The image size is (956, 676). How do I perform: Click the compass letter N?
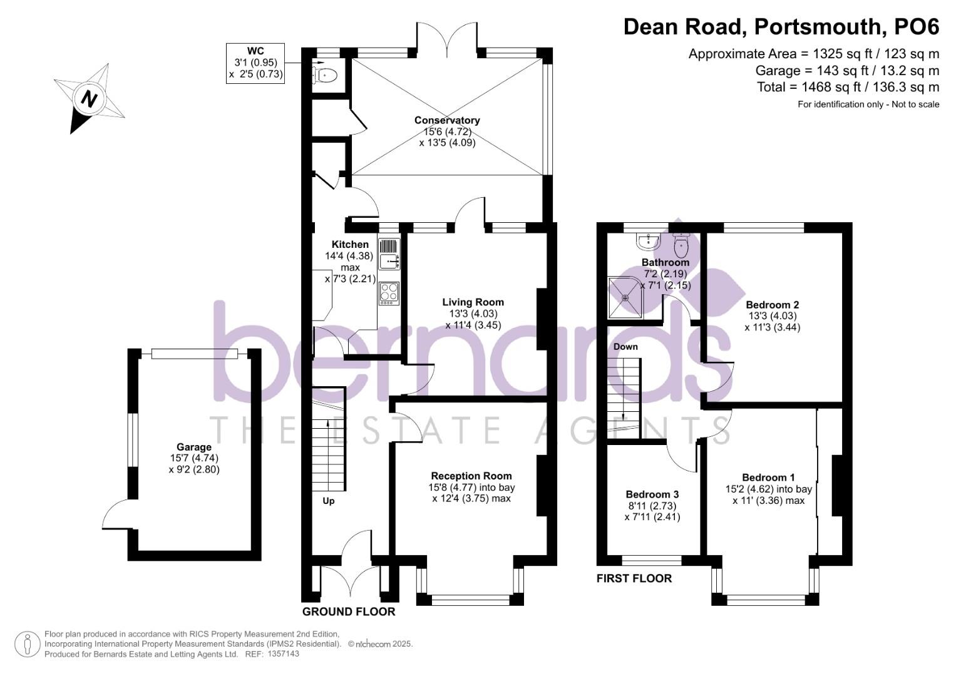90,99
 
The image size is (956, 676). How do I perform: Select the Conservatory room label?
447,120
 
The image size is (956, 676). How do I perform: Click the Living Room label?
473,302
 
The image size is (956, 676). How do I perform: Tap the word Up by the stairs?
329,501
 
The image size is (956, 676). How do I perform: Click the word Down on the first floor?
625,347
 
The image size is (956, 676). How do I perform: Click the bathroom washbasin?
646,240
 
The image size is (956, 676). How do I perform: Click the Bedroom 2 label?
772,305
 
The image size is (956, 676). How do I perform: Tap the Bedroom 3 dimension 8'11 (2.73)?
652,506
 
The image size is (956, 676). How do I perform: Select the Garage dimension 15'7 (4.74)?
193,458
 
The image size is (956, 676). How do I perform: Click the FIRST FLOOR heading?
634,578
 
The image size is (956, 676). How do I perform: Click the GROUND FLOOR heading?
348,612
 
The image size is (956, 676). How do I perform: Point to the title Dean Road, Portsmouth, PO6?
781,27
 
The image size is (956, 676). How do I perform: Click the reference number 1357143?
283,654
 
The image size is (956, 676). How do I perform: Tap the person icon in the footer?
27,644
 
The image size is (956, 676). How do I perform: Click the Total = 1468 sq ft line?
848,87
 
